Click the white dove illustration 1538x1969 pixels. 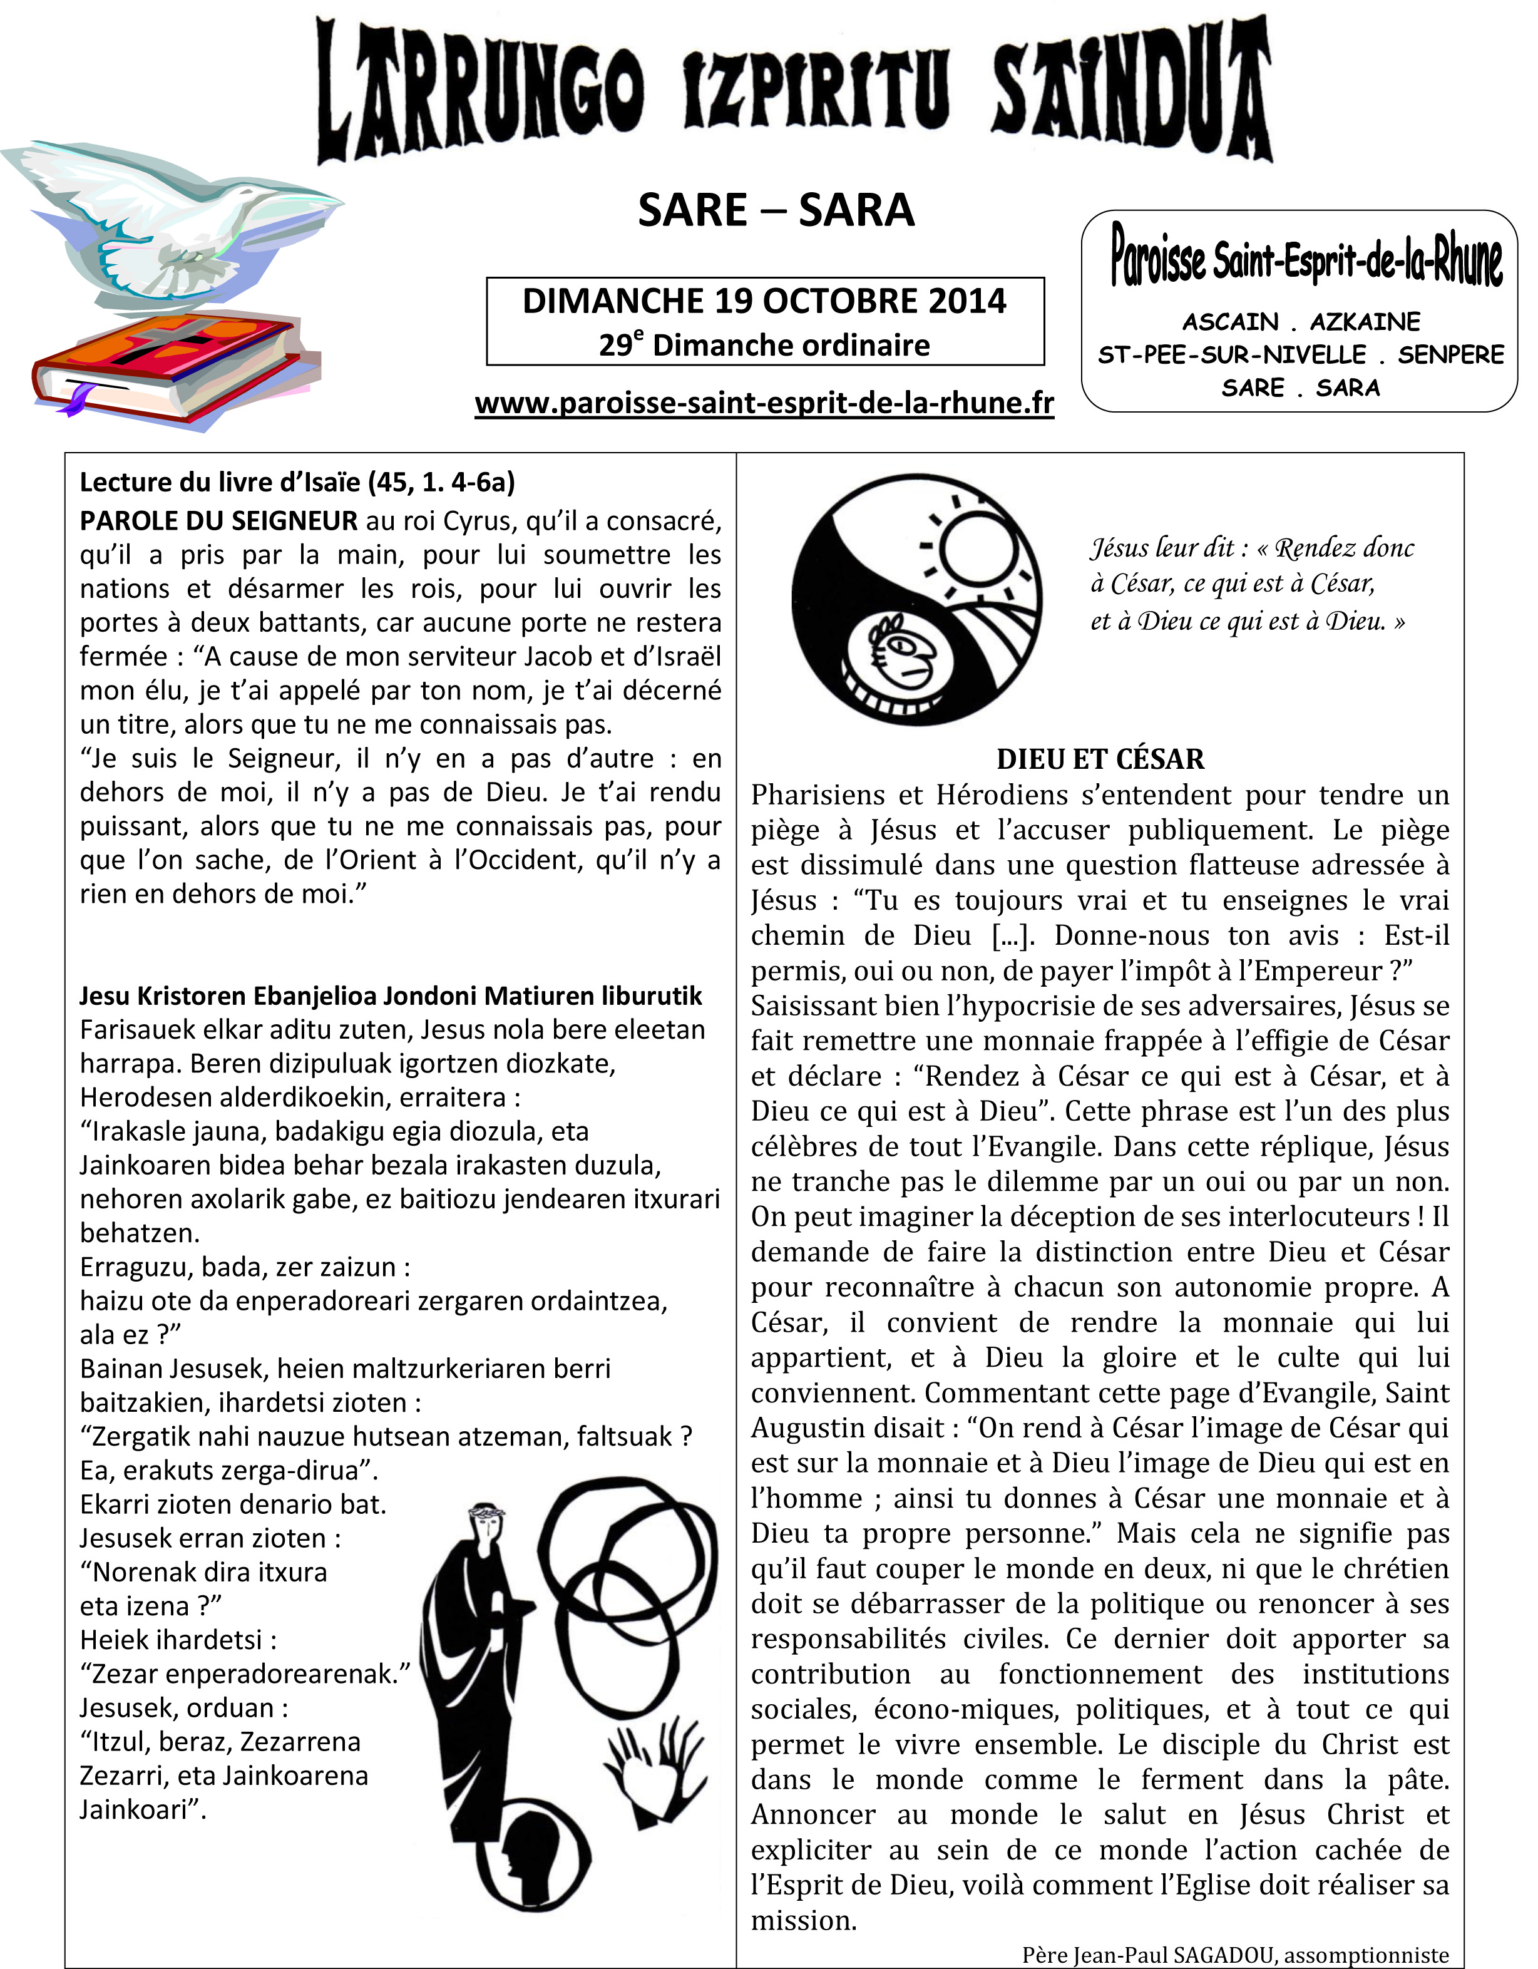pyautogui.click(x=180, y=225)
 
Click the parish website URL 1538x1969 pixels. pyautogui.click(x=764, y=403)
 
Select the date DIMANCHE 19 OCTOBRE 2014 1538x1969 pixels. pyautogui.click(x=764, y=301)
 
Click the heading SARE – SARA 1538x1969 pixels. pyautogui.click(x=776, y=211)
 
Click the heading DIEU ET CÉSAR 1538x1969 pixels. pyautogui.click(x=1100, y=759)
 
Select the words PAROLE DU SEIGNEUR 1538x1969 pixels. pyautogui.click(x=219, y=521)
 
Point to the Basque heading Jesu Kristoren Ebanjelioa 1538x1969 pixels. pyautogui.click(x=391, y=996)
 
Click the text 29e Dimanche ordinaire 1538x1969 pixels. pyautogui.click(x=764, y=346)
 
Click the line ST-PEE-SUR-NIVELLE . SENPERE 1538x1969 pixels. pyautogui.click(x=1301, y=355)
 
